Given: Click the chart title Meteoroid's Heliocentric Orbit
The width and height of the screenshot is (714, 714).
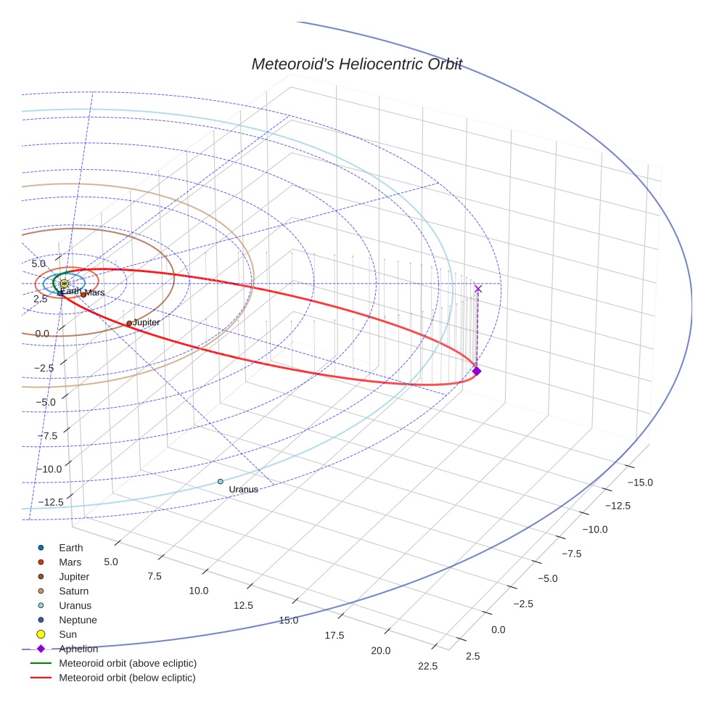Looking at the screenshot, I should (x=356, y=64).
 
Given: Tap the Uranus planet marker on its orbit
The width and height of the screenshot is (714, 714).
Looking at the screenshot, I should (x=221, y=482).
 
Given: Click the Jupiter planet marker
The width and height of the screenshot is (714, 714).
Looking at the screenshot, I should (x=129, y=324).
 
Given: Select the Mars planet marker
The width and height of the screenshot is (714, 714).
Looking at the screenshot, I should (x=83, y=295).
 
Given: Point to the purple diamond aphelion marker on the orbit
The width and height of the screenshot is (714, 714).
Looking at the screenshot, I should (x=477, y=371).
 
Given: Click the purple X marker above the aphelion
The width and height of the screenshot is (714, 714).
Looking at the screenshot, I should (x=477, y=289).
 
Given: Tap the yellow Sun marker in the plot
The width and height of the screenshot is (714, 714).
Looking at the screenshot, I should (x=65, y=284).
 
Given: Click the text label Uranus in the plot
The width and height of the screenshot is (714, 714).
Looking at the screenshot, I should (x=243, y=490).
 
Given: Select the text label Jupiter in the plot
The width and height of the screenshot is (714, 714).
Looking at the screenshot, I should (x=146, y=322).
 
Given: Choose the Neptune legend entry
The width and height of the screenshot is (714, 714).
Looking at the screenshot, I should (x=78, y=620).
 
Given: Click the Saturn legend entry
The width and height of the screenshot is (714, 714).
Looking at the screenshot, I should (x=73, y=591).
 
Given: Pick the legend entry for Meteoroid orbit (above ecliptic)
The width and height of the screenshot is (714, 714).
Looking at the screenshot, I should (x=128, y=663).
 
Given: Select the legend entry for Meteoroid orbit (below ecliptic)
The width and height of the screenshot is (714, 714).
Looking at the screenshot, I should (x=128, y=678).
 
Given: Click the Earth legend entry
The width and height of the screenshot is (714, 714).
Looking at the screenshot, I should (x=70, y=548).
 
